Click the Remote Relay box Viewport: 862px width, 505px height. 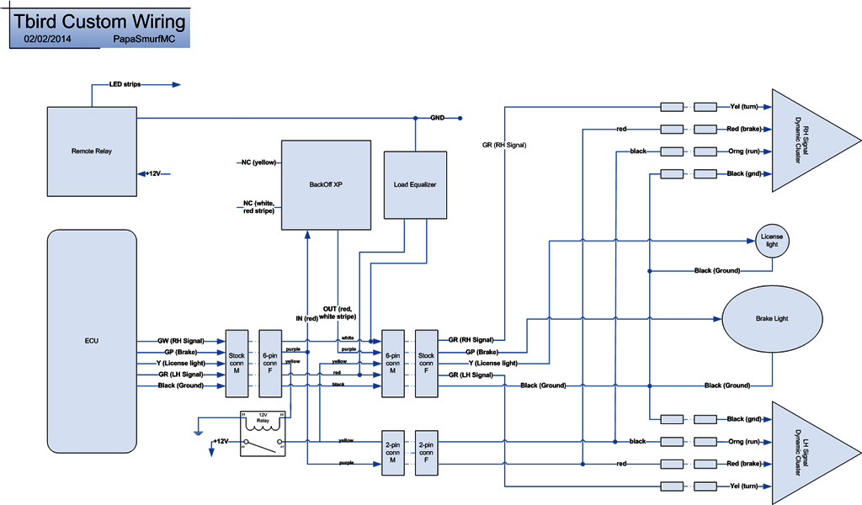(92, 151)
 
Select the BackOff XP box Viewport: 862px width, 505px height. (326, 184)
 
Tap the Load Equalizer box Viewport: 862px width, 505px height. (415, 184)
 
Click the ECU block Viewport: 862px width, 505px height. (92, 342)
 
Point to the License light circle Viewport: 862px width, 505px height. (772, 242)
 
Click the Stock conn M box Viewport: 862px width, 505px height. (237, 363)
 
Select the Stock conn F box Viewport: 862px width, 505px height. (426, 363)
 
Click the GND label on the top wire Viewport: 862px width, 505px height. (438, 118)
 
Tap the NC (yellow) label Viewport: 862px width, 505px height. (258, 162)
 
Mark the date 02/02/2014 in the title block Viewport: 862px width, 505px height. (47, 39)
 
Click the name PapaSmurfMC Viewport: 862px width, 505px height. (143, 39)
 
